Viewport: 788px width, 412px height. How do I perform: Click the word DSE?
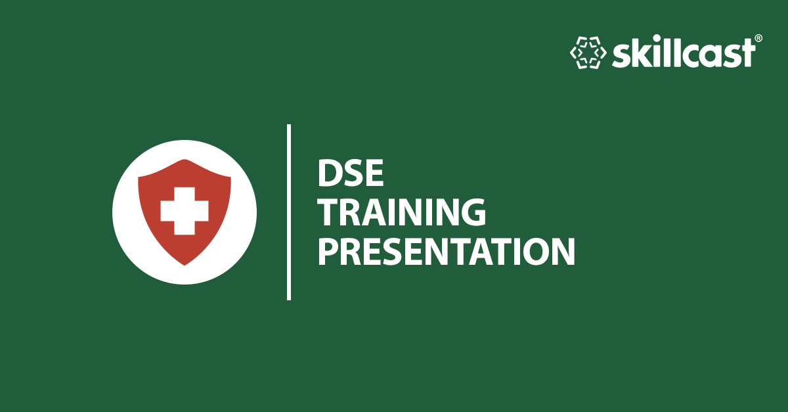pos(350,173)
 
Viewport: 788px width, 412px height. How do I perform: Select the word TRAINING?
pos(402,212)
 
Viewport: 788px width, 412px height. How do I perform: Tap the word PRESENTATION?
pos(446,252)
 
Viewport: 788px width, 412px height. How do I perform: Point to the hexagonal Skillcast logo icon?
pos(587,53)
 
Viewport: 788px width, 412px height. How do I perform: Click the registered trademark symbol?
pos(758,39)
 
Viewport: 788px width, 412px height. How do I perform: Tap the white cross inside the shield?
pos(185,210)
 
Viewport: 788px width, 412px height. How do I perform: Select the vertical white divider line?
pos(289,212)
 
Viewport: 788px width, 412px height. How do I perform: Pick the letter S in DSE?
pos(351,173)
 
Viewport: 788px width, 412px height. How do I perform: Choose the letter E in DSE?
pos(372,173)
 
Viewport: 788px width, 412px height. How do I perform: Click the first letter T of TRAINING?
pos(328,212)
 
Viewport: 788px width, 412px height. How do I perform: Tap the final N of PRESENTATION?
pos(562,252)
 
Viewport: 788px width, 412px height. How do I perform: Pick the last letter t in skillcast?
pos(747,54)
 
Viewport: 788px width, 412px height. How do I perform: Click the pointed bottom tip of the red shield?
pos(185,264)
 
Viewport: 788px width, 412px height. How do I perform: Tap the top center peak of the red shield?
pos(185,160)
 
